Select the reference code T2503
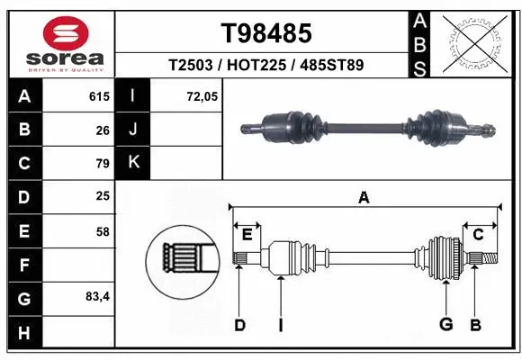tap(193, 66)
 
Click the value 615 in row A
tap(98, 96)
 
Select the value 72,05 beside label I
tap(202, 96)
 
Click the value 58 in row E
tap(102, 231)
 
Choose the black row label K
tap(133, 163)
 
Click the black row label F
tap(23, 265)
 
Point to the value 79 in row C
tap(102, 164)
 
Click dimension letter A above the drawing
tap(364, 198)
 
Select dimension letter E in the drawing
tap(247, 235)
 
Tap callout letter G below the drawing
tap(445, 325)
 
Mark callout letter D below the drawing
tap(239, 325)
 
